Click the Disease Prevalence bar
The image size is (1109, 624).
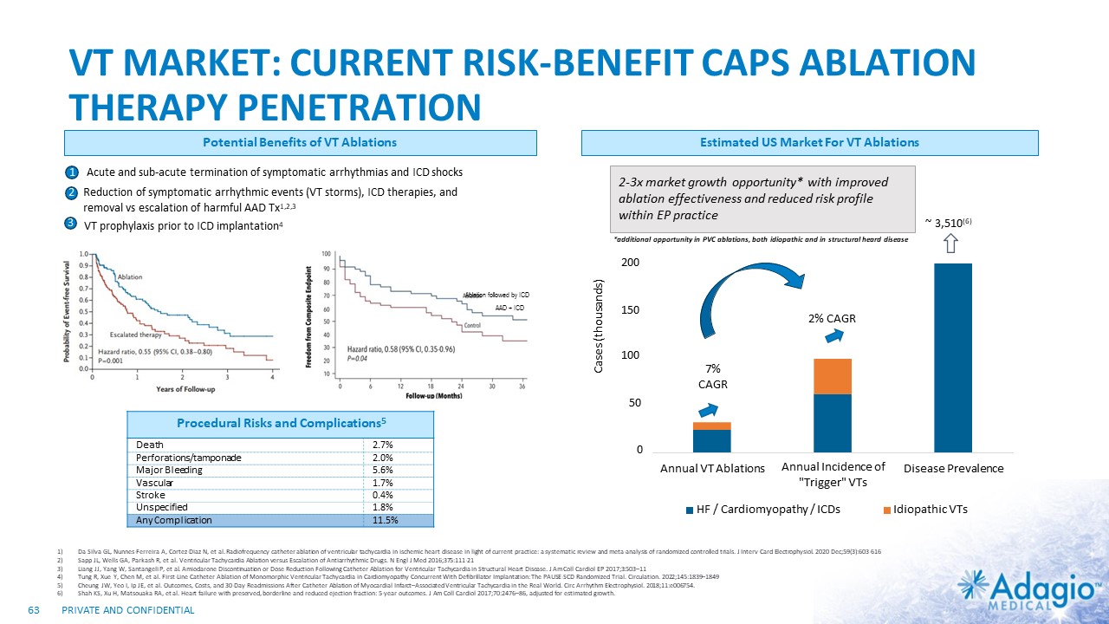953,357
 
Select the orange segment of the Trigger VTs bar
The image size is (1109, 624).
833,376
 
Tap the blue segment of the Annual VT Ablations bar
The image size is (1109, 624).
712,440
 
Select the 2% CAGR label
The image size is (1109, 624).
833,319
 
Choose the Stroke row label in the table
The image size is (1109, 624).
151,495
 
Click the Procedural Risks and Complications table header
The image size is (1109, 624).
282,424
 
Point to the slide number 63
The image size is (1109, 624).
35,611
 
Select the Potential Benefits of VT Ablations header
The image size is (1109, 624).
300,142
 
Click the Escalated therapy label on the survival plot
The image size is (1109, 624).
134,334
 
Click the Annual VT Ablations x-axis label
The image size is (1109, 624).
713,469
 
